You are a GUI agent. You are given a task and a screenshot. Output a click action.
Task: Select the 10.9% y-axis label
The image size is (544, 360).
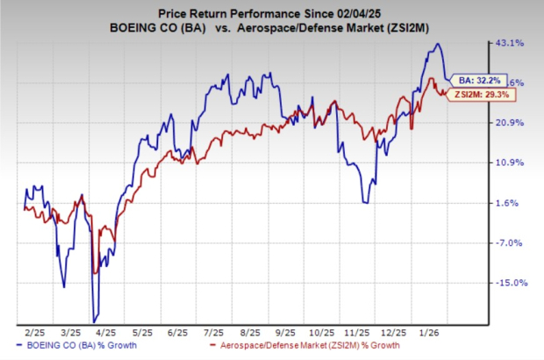pos(511,162)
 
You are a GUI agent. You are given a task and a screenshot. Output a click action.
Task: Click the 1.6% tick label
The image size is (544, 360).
pos(508,203)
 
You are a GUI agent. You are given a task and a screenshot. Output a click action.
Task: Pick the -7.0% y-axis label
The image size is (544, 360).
pos(509,243)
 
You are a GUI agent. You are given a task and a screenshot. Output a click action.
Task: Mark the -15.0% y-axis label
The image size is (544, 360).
pos(511,283)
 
